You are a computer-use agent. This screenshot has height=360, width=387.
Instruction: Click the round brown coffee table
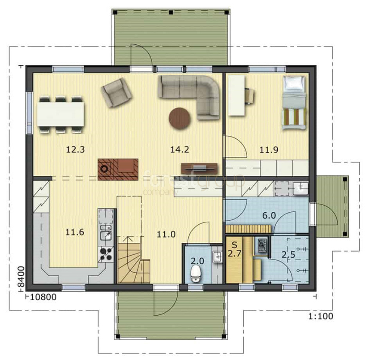tap(180, 119)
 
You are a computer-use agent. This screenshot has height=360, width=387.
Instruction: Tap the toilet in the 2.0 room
tap(196, 274)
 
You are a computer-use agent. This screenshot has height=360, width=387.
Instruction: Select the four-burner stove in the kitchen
tap(106, 254)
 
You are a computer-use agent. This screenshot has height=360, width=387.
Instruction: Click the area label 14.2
tap(180, 149)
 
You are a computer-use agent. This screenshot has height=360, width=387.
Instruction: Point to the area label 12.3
tap(75, 149)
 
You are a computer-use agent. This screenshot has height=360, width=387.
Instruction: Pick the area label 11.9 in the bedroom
tap(269, 149)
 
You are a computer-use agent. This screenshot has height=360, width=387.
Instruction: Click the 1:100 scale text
tap(321, 316)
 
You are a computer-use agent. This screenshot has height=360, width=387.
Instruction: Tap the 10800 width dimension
tap(43, 297)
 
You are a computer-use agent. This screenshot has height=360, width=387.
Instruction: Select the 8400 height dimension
tap(21, 276)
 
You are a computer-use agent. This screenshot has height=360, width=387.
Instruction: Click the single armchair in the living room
tap(116, 93)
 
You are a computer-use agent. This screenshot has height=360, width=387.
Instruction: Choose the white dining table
tap(61, 114)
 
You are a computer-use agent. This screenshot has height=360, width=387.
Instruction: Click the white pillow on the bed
tap(294, 83)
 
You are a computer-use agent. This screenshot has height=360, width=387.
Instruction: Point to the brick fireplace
tap(118, 169)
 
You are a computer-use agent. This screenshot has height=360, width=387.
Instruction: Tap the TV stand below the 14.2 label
tap(200, 168)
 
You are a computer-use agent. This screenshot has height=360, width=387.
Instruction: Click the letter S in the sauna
tap(234, 245)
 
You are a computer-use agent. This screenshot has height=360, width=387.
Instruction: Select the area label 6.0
tap(269, 216)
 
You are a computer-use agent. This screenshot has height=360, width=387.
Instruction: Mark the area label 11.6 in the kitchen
tap(74, 232)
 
